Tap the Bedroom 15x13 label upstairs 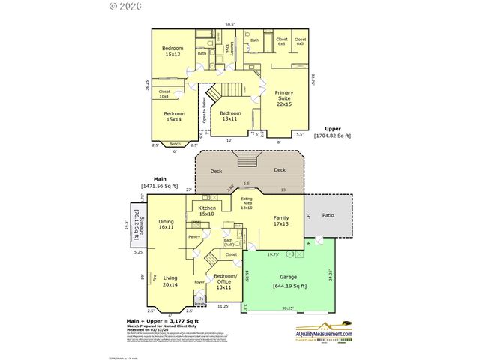pyautogui.click(x=173, y=52)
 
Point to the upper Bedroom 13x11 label pyautogui.click(x=226, y=115)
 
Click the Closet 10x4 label pyautogui.click(x=163, y=94)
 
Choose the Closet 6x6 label pyautogui.click(x=281, y=41)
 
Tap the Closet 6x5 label pyautogui.click(x=300, y=41)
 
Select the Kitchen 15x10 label pyautogui.click(x=207, y=211)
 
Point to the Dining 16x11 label pyautogui.click(x=166, y=224)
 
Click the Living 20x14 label pyautogui.click(x=170, y=281)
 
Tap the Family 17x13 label pyautogui.click(x=280, y=220)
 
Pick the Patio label pyautogui.click(x=328, y=215)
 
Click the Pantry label pyautogui.click(x=193, y=236)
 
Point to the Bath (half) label pyautogui.click(x=227, y=242)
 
